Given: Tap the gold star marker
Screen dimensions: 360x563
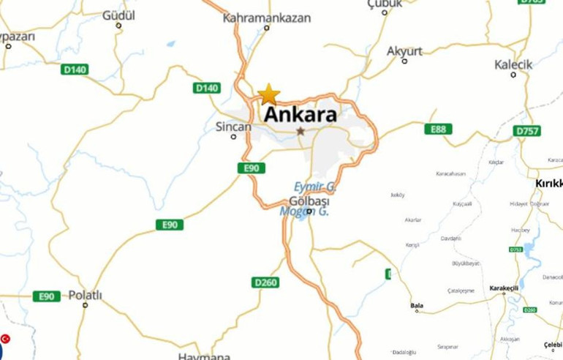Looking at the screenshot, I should point(269,94).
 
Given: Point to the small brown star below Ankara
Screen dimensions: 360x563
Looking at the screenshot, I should point(301,131).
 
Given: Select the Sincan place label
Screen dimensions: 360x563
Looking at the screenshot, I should point(233,127).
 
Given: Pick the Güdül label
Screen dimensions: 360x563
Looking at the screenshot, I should point(118,15).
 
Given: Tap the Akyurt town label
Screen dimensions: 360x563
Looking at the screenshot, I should point(404,50).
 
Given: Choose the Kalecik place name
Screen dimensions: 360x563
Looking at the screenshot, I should point(514,64).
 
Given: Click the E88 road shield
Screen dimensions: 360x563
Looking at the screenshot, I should point(439,130).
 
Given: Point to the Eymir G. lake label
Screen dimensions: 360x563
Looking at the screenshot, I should point(314,186).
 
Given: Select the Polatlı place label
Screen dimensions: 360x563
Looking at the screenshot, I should point(85,296).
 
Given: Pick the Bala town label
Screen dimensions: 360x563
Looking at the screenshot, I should point(417,305).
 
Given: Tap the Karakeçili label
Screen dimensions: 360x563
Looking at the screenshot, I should point(504,288).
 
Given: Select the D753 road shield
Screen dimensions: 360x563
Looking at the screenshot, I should point(516,250).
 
